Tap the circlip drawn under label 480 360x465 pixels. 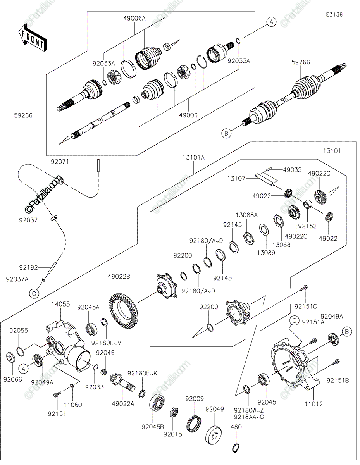coord(235,448)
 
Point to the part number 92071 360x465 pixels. coord(60,162)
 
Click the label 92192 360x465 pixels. coord(28,267)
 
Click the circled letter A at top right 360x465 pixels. coord(271,22)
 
